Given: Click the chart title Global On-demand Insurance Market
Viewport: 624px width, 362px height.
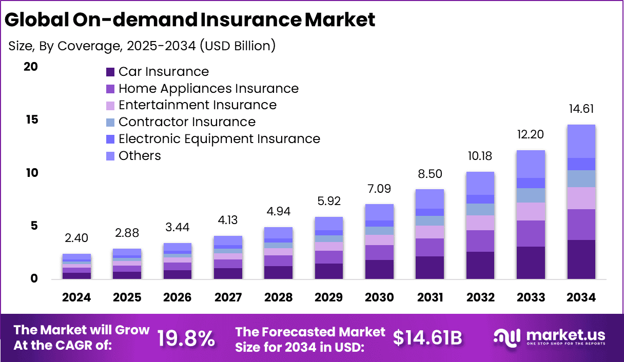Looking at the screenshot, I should (190, 20).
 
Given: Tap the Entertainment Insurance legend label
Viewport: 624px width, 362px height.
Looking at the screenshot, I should (197, 105).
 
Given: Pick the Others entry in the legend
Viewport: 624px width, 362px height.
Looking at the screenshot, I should (140, 156).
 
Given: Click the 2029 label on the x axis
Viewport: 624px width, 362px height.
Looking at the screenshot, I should (329, 298).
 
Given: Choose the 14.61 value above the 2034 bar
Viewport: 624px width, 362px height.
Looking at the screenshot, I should (581, 109).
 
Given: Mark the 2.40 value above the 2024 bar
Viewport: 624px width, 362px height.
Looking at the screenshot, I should (77, 238).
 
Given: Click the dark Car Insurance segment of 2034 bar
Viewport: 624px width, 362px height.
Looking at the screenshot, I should (581, 259).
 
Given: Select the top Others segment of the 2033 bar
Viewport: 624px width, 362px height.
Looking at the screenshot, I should (531, 164).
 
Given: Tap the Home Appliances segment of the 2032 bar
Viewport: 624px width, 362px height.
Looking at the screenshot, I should (480, 241).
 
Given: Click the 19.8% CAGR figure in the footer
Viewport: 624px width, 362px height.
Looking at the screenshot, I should (186, 338).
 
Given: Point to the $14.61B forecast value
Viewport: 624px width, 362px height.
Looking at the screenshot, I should (428, 337).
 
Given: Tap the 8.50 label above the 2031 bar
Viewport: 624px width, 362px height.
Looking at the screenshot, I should (430, 174).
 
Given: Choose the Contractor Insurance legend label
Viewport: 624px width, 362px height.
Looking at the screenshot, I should (187, 122).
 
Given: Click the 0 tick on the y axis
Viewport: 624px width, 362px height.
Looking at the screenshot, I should (34, 279).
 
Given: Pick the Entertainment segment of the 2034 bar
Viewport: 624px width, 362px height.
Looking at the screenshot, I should (581, 198).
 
